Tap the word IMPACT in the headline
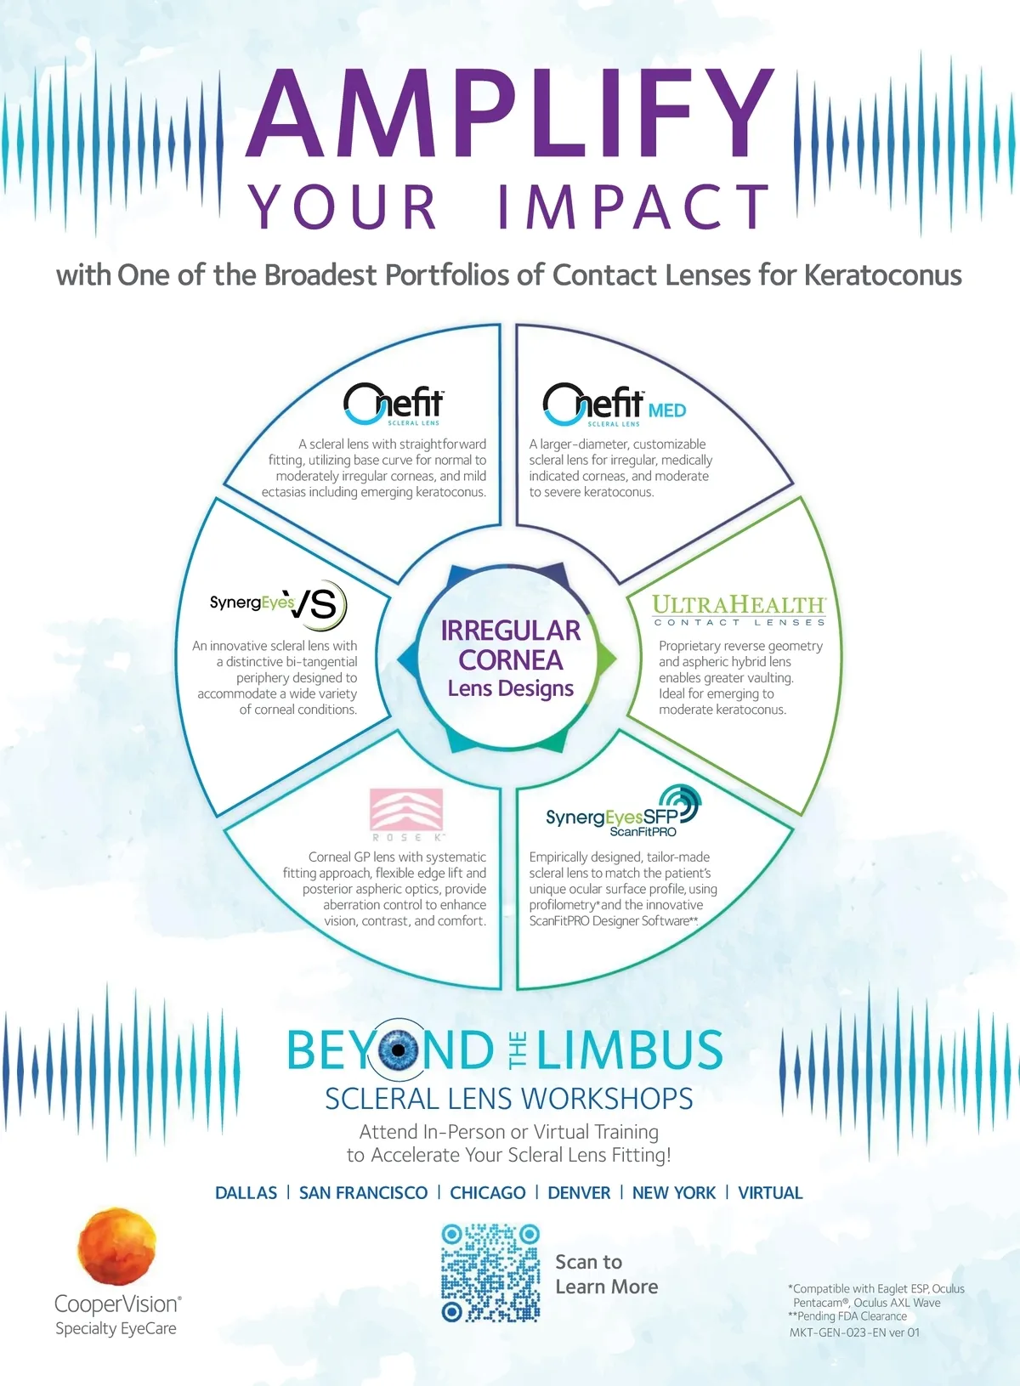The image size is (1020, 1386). click(x=633, y=207)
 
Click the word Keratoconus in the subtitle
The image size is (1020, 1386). click(x=882, y=275)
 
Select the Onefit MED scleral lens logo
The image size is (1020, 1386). click(x=614, y=404)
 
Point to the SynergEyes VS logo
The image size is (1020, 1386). click(x=279, y=604)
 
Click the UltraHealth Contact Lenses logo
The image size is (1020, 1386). click(x=739, y=610)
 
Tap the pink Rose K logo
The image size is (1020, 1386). click(x=406, y=812)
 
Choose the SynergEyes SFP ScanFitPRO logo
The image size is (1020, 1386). click(x=623, y=812)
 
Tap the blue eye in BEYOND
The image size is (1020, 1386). click(x=398, y=1049)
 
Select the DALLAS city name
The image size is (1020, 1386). click(x=246, y=1193)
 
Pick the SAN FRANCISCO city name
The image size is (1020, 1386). click(x=363, y=1193)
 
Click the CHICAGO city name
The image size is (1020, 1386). click(x=487, y=1193)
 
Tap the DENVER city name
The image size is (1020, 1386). click(x=579, y=1193)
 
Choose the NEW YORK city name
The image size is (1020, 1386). click(x=673, y=1193)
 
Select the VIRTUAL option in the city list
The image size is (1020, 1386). click(x=770, y=1193)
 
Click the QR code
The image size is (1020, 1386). click(x=490, y=1272)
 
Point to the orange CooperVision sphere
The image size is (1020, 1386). click(x=117, y=1246)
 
